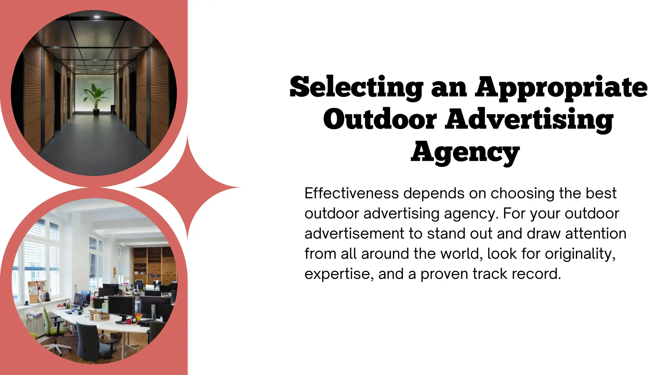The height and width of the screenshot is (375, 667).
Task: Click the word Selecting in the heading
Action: pyautogui.click(x=356, y=87)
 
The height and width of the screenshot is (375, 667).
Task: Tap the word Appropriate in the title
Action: pyautogui.click(x=561, y=87)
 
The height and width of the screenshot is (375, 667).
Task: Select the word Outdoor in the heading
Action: pyautogui.click(x=380, y=119)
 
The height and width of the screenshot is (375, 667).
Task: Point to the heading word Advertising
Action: pyautogui.click(x=529, y=119)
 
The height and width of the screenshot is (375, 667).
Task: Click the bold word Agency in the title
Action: pyautogui.click(x=465, y=152)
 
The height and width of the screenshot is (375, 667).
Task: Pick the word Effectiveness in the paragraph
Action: pyautogui.click(x=351, y=193)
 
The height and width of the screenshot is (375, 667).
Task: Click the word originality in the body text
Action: pyautogui.click(x=580, y=254)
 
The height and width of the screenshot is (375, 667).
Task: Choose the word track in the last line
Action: pyautogui.click(x=490, y=274)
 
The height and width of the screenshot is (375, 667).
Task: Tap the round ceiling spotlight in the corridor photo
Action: pyautogui.click(x=97, y=17)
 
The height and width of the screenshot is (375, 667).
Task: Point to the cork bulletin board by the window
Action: pyautogui.click(x=37, y=291)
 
